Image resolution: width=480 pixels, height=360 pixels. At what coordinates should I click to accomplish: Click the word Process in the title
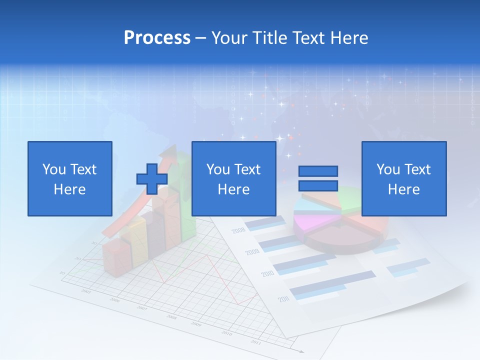click(x=157, y=38)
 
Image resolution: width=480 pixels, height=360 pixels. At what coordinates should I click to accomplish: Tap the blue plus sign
click(x=152, y=179)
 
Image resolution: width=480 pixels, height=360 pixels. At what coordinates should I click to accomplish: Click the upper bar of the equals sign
click(x=318, y=171)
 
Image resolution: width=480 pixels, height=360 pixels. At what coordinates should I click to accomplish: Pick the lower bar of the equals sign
click(x=318, y=185)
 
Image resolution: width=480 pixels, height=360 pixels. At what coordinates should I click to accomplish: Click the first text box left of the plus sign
click(x=69, y=178)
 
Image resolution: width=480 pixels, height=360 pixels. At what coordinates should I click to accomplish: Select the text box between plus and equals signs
click(x=233, y=178)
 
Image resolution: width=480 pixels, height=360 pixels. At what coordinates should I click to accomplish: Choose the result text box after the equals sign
click(x=403, y=178)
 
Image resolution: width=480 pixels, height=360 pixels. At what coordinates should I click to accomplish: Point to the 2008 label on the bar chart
click(x=238, y=230)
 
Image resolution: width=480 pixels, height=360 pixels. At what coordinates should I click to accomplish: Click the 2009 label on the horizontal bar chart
click(x=252, y=252)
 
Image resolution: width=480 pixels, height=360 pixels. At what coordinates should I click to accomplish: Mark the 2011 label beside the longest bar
click(x=284, y=299)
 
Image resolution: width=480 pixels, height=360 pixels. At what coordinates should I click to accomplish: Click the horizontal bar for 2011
click(x=332, y=282)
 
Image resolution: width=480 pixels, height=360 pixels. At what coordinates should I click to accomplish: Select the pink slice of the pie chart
click(x=307, y=220)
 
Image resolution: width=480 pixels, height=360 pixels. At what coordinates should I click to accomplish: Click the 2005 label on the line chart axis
click(x=86, y=291)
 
